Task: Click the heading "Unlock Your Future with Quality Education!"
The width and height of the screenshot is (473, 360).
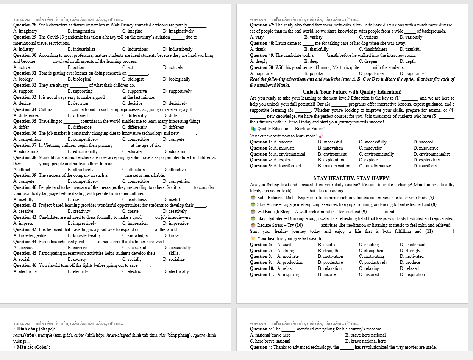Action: point(352,92)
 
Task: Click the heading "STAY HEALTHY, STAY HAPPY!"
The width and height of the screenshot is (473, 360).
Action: point(352,178)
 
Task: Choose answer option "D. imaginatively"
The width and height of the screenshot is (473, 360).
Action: point(178,31)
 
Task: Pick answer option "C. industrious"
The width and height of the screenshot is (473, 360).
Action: point(135,49)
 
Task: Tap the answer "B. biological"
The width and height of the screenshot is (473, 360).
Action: point(80,79)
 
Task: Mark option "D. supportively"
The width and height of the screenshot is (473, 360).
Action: point(177,91)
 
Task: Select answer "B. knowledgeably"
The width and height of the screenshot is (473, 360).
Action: point(84,235)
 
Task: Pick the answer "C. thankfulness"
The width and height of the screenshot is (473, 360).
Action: point(373,49)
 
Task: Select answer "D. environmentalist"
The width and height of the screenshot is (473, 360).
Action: point(431,154)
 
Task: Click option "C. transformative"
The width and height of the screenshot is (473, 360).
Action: point(375,166)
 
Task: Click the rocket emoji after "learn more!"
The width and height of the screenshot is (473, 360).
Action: point(321,136)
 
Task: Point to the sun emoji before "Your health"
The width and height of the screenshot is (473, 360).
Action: point(253,238)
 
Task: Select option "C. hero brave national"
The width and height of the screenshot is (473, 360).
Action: point(270,341)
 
